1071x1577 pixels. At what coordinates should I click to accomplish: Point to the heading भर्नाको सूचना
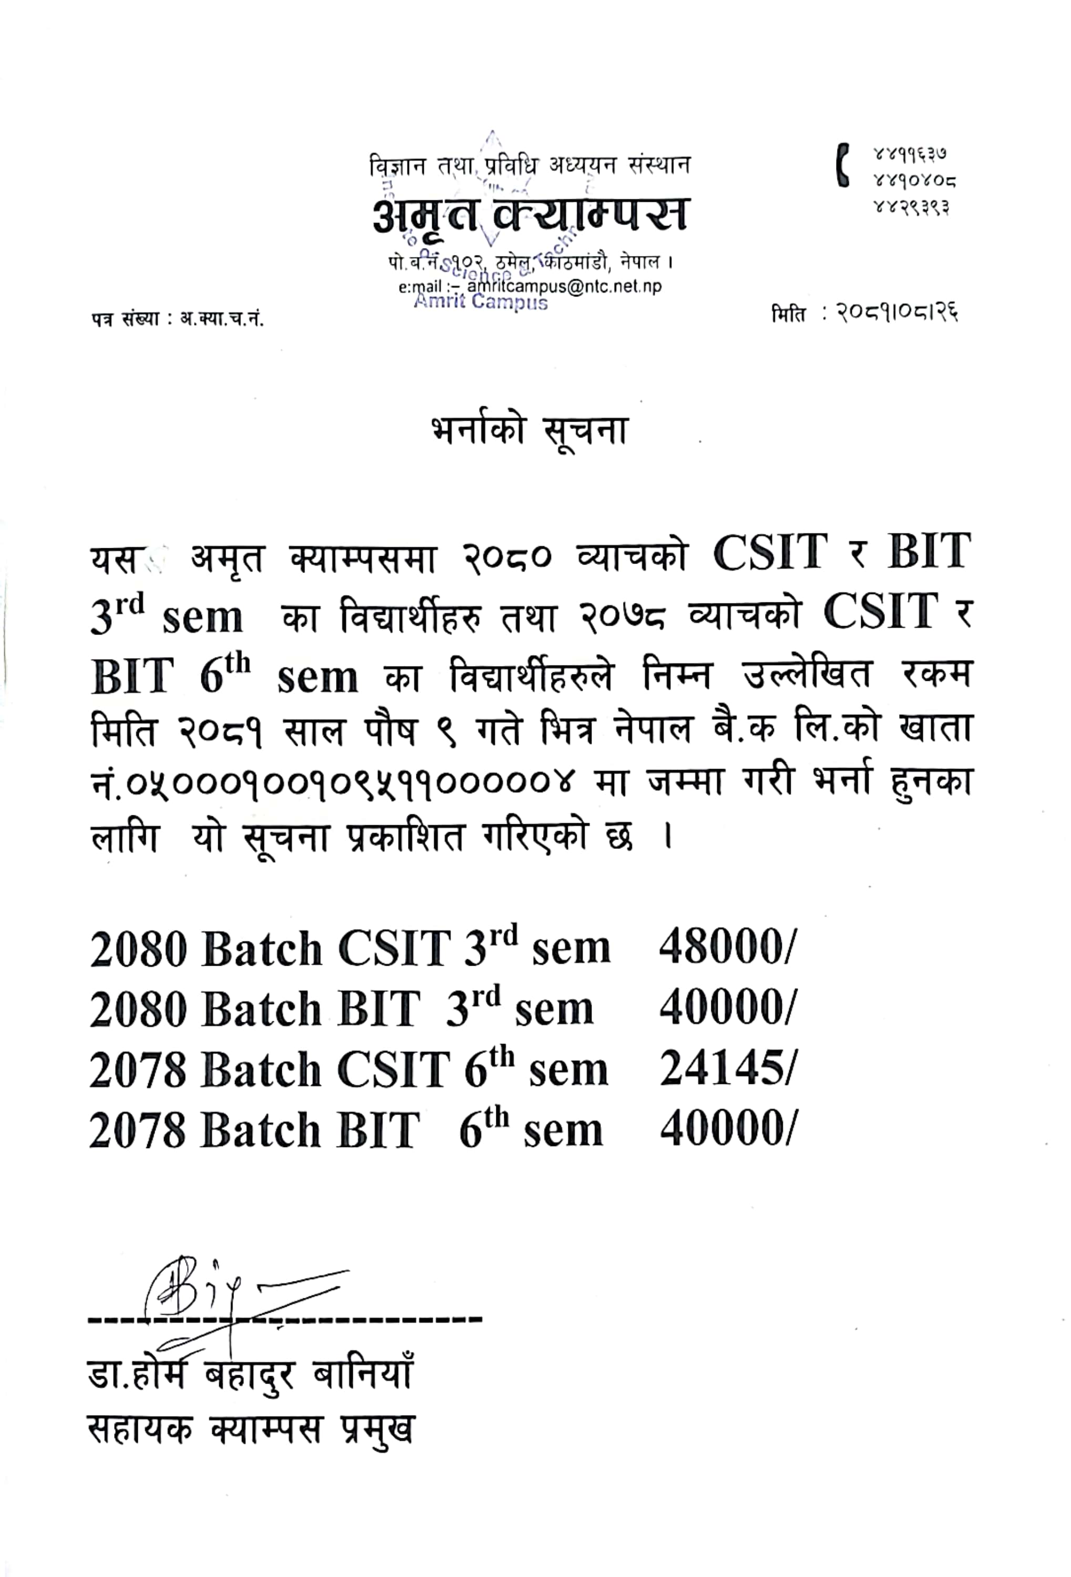pyautogui.click(x=529, y=432)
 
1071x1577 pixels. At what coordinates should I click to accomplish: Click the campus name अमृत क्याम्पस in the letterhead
pyautogui.click(x=530, y=214)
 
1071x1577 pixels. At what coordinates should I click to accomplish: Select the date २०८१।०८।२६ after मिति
pyautogui.click(x=895, y=313)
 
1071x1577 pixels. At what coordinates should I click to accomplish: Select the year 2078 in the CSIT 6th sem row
pyautogui.click(x=137, y=1071)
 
